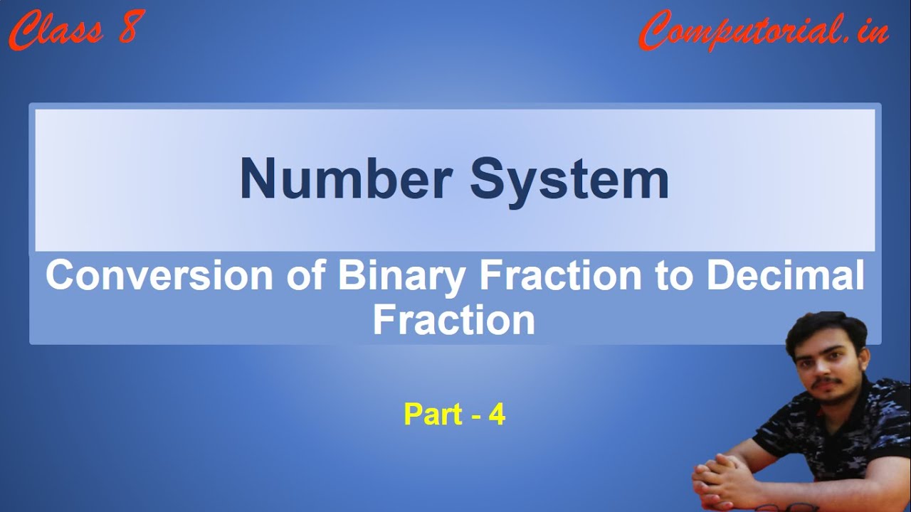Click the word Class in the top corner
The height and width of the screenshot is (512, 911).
[x=56, y=30]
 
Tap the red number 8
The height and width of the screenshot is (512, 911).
[x=132, y=27]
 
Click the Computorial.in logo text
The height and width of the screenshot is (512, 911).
[x=764, y=30]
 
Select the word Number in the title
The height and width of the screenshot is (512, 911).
[x=347, y=178]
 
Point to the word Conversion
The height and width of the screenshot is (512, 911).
[x=159, y=275]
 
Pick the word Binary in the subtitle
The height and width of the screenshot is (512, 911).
[x=401, y=278]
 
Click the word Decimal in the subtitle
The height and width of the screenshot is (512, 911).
[x=786, y=274]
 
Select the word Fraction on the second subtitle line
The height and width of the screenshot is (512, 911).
[x=454, y=320]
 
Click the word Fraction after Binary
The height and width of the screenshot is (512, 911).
[x=560, y=275]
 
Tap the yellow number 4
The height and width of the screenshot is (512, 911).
[x=497, y=415]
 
